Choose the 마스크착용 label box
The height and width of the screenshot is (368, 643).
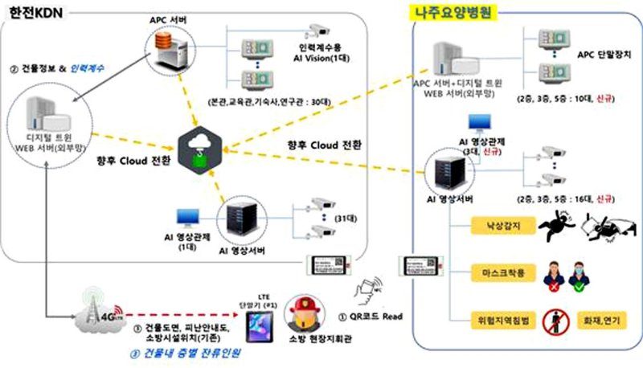500,273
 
